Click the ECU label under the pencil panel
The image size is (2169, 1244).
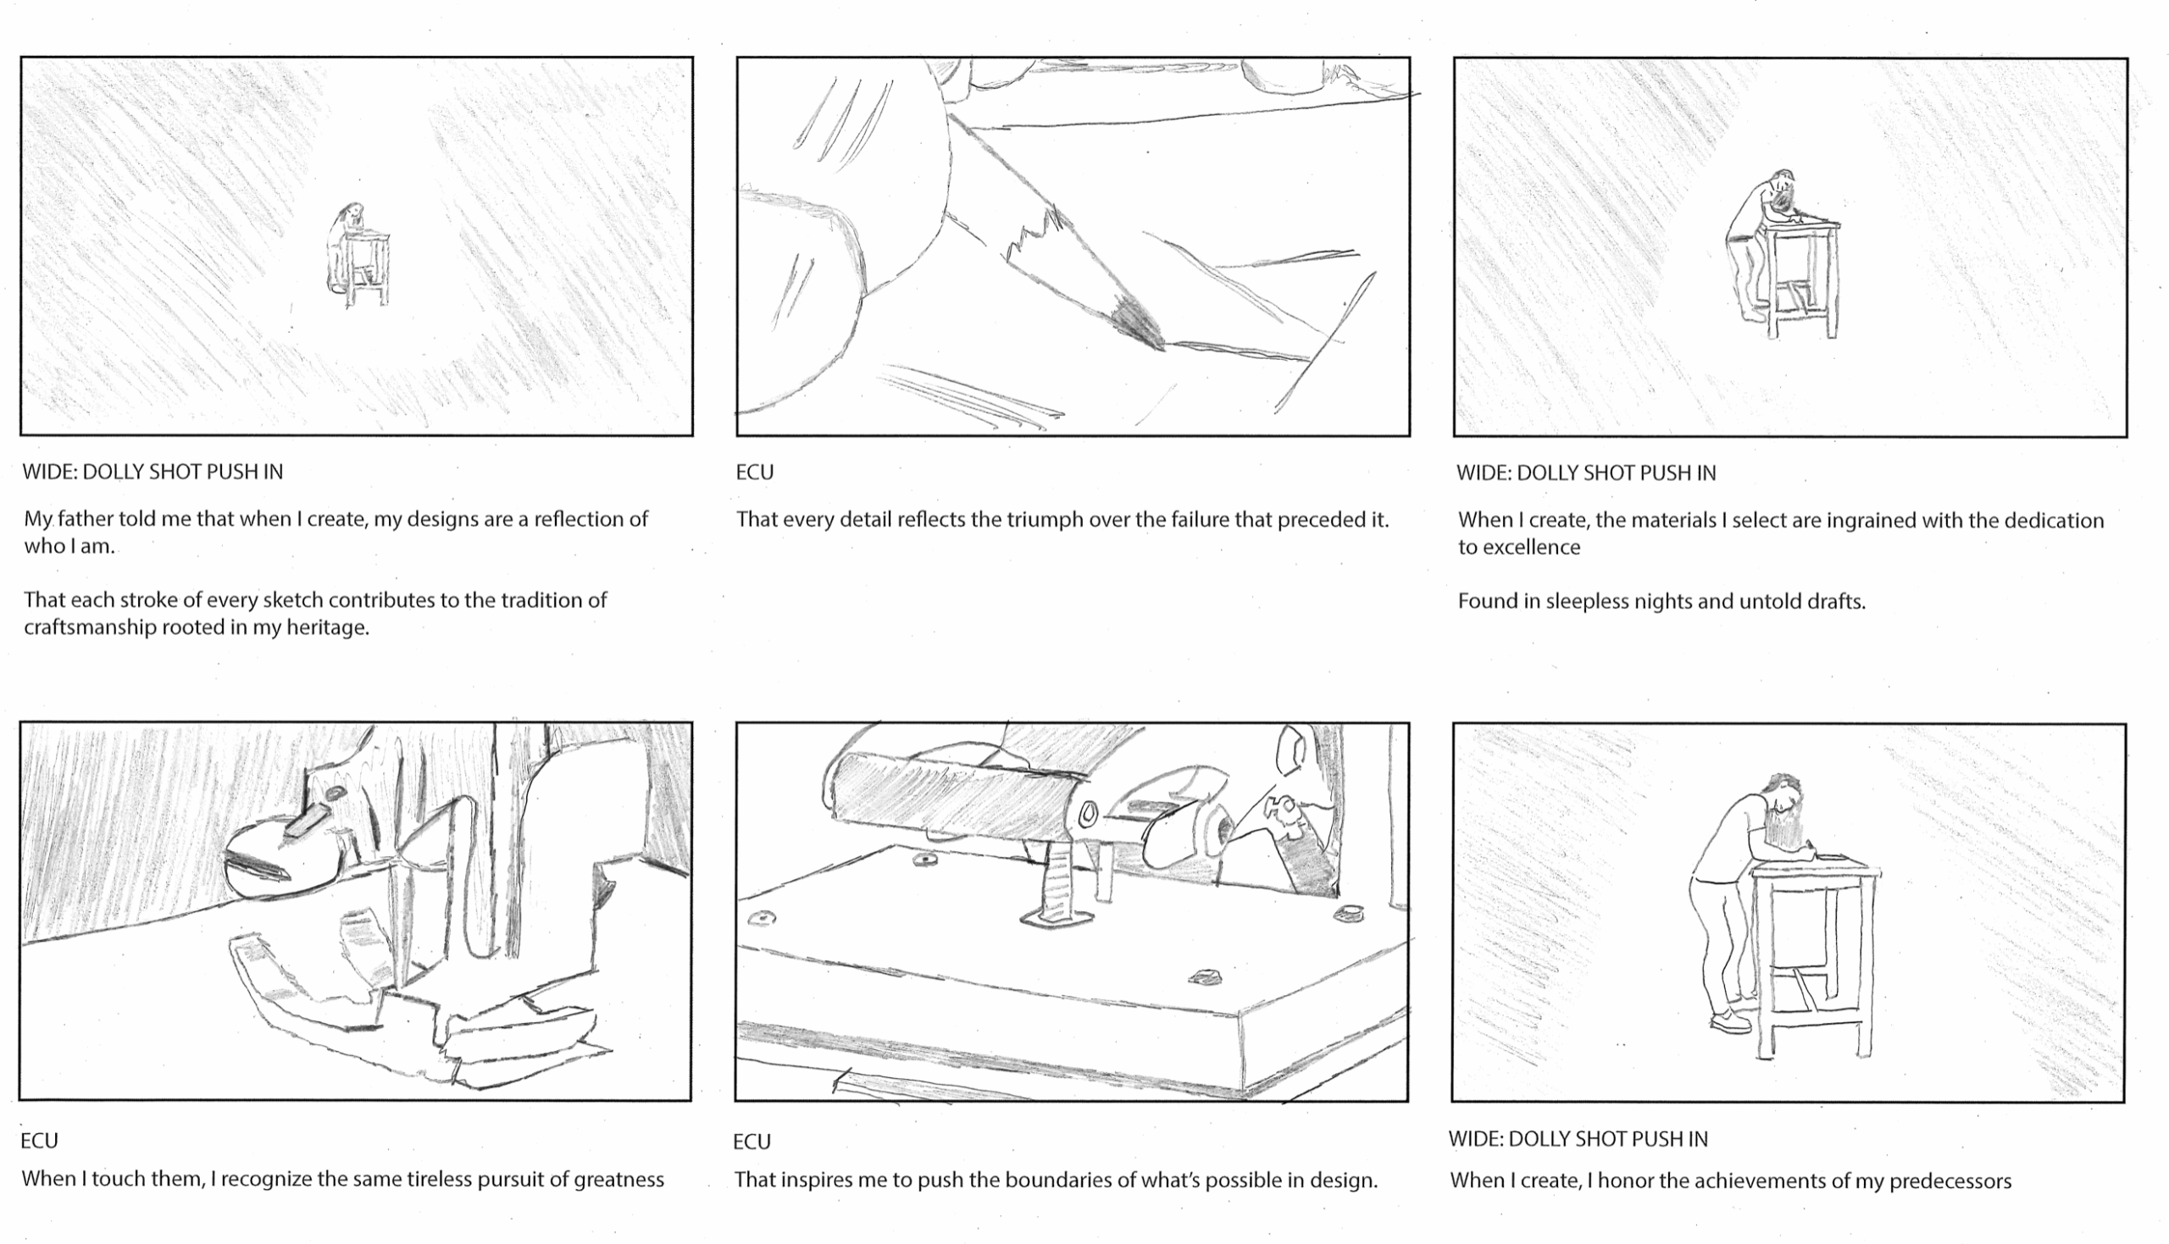click(x=755, y=473)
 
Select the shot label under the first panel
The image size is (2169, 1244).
click(x=153, y=472)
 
